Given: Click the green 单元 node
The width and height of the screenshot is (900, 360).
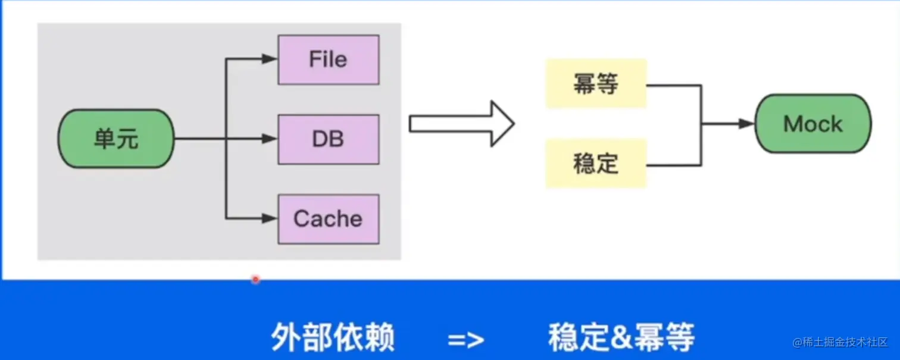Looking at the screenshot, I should point(116,139).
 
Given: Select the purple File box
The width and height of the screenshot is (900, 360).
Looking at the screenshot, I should point(328,60).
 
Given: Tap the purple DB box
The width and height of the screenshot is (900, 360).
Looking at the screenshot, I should point(328,139).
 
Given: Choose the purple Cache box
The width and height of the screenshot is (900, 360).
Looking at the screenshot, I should point(328,218).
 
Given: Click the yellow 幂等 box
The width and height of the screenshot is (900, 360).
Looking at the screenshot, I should point(596,84).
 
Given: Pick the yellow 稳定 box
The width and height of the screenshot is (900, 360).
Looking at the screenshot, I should point(596,164).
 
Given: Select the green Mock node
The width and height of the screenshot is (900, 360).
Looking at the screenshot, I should point(813,124).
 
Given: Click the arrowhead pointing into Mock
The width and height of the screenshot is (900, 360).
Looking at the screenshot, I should point(746,124).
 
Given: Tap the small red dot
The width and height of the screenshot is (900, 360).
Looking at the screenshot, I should point(255,278).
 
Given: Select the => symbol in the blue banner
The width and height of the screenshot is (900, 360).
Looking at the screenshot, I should point(467,340).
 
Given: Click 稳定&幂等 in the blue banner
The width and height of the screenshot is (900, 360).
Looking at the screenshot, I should point(621,338).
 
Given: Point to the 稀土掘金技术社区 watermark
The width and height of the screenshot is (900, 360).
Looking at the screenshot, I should point(840,342).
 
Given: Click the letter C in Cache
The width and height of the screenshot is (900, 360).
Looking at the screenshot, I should point(302,218).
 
